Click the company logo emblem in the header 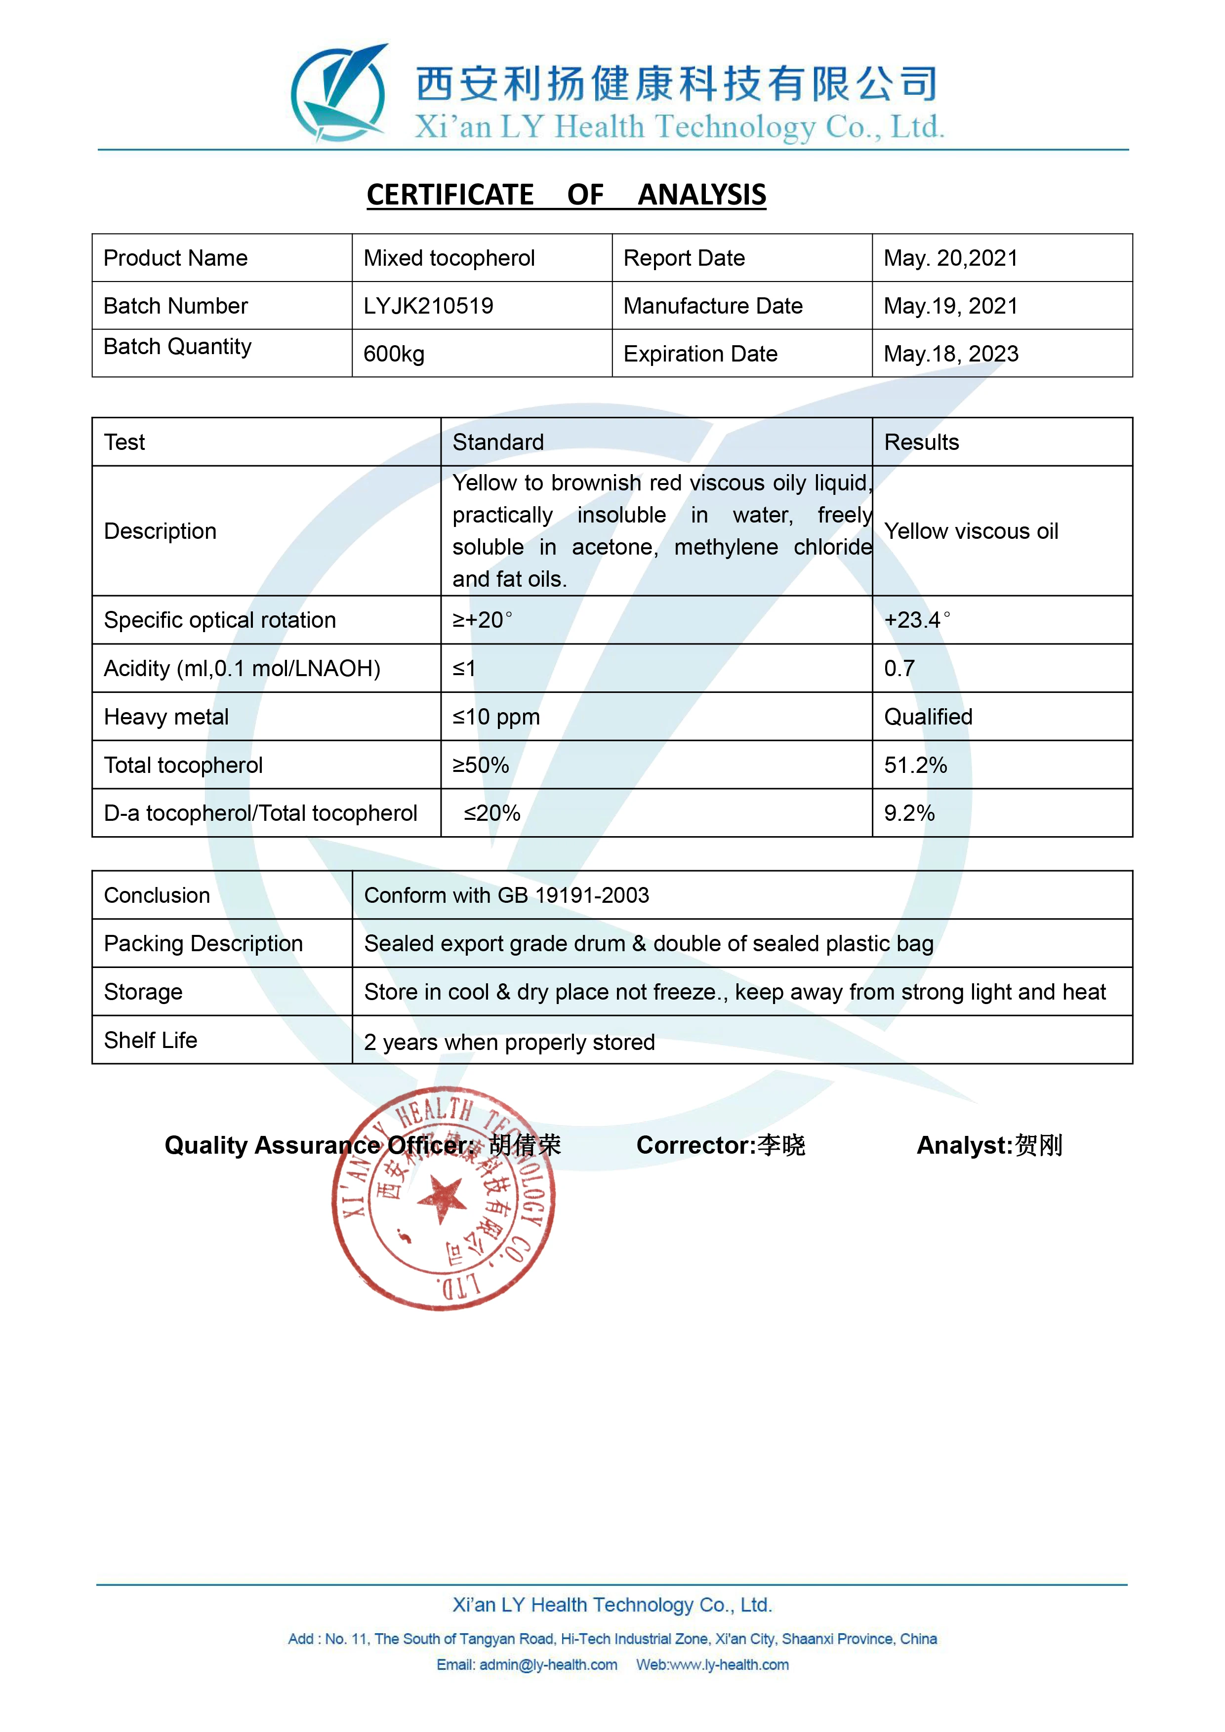pos(339,93)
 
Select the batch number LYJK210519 pos(428,306)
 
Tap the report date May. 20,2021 pos(950,258)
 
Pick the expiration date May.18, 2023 pos(950,354)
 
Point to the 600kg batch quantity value pos(394,354)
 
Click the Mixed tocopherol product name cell pos(449,258)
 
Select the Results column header pos(921,442)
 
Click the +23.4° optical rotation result pos(916,620)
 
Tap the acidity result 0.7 pos(899,668)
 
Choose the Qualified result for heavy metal pos(928,717)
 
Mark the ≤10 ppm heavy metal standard pos(495,717)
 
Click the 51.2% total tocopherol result pos(915,765)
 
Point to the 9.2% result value pos(909,813)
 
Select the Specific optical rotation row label pos(219,620)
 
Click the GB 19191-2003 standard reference pos(573,895)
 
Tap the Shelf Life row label pos(150,1040)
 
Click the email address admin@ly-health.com pos(548,1665)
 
